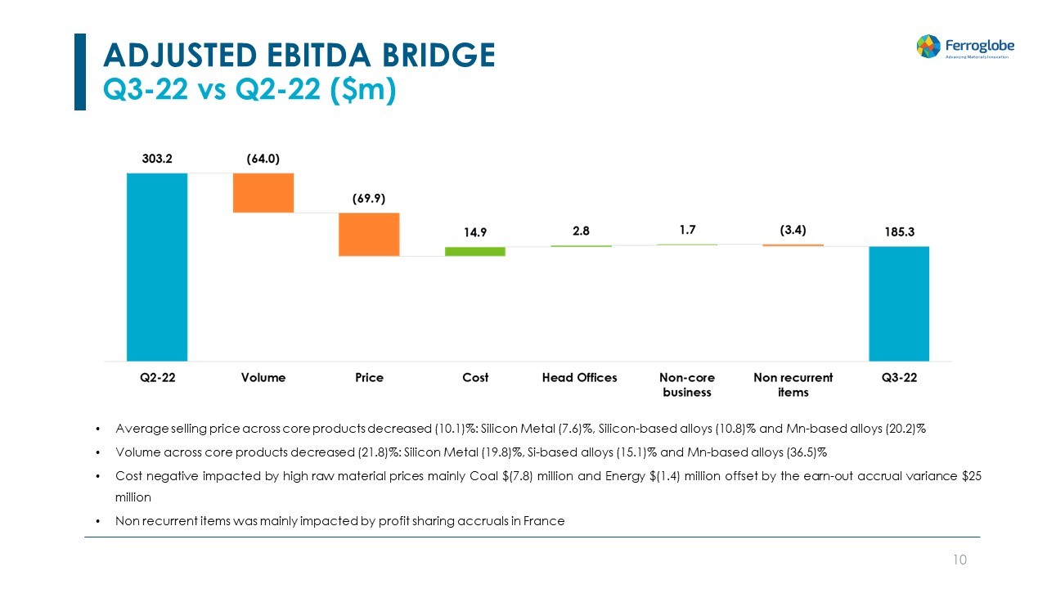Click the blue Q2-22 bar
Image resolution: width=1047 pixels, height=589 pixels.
pyautogui.click(x=157, y=267)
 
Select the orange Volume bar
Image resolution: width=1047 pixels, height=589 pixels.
pyautogui.click(x=263, y=193)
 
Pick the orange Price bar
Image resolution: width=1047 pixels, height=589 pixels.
pyautogui.click(x=369, y=235)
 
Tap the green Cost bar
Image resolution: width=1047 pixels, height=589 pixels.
pyautogui.click(x=475, y=251)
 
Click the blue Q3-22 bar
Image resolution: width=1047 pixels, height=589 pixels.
pyautogui.click(x=899, y=303)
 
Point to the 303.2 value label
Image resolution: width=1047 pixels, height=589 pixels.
pyautogui.click(x=157, y=159)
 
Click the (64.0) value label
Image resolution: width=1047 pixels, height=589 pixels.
pyautogui.click(x=263, y=159)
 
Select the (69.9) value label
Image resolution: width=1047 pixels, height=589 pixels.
pyautogui.click(x=369, y=199)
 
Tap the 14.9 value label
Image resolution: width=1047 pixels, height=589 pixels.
pyautogui.click(x=475, y=232)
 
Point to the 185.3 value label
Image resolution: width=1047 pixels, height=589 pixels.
pyautogui.click(x=899, y=232)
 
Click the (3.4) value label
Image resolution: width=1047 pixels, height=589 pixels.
pyautogui.click(x=793, y=231)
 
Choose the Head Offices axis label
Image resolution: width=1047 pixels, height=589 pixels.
pyautogui.click(x=580, y=377)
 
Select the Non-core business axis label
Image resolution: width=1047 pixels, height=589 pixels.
pyautogui.click(x=687, y=384)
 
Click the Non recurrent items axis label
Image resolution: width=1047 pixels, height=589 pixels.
pyautogui.click(x=793, y=384)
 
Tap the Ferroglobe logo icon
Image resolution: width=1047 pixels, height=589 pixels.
pyautogui.click(x=928, y=46)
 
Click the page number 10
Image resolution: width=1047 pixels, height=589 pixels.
pyautogui.click(x=960, y=560)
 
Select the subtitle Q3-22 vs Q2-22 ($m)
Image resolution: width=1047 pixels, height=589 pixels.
pyautogui.click(x=249, y=91)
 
